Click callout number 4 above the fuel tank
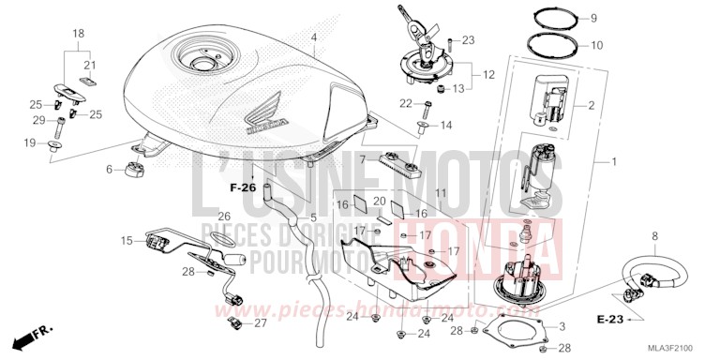click(x=315, y=38)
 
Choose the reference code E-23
click(x=609, y=320)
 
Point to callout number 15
click(x=127, y=241)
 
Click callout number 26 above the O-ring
click(x=224, y=217)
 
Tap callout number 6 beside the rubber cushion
click(x=110, y=169)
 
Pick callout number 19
click(x=30, y=142)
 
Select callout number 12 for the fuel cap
click(x=488, y=73)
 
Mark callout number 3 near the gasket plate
click(x=562, y=325)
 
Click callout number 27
click(x=261, y=322)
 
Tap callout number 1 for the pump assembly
click(x=614, y=162)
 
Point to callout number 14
click(x=446, y=125)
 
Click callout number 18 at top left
click(x=80, y=33)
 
